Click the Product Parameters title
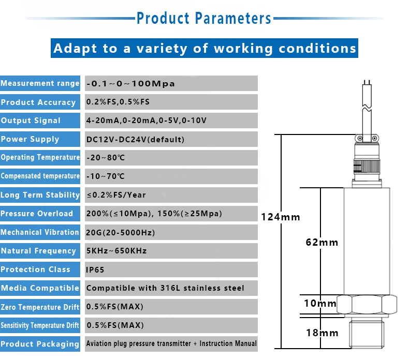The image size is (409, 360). coord(203,19)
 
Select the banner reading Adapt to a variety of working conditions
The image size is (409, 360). coord(205,49)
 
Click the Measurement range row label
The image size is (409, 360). coord(40,83)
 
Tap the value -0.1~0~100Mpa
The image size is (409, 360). coord(130,84)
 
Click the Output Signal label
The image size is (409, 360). coord(31,121)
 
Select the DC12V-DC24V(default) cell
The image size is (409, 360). coord(135,139)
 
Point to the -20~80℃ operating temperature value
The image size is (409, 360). coord(106,158)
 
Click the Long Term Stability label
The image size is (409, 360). coord(40,195)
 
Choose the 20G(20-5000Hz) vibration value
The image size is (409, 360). coord(121,232)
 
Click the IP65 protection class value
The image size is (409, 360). coord(96,269)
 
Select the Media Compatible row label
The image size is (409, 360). coord(40,288)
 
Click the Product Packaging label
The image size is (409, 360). coord(40,344)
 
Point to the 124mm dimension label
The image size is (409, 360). coord(281,217)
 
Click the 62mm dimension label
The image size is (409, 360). coord(321,242)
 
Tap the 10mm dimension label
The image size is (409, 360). coord(320,304)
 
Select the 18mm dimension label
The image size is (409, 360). coord(321,333)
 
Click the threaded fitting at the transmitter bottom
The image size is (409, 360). coord(368,335)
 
